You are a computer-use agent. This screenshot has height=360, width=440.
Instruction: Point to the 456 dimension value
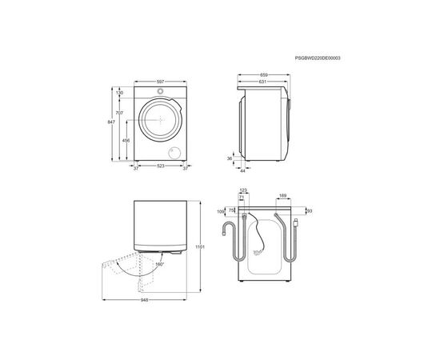click(x=126, y=141)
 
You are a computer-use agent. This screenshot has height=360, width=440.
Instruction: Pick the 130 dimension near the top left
click(x=120, y=93)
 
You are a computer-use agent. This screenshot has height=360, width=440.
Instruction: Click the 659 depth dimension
click(x=265, y=74)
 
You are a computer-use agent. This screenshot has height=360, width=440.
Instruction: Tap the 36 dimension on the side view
click(x=229, y=158)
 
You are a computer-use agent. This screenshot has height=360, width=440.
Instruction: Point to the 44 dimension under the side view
click(x=243, y=170)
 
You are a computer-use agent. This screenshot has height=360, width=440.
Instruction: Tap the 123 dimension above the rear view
click(x=243, y=190)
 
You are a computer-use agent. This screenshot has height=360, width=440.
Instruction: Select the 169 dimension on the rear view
click(x=283, y=194)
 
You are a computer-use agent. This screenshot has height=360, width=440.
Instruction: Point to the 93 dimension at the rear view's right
click(x=309, y=211)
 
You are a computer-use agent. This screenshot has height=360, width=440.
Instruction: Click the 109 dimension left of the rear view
click(x=221, y=212)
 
